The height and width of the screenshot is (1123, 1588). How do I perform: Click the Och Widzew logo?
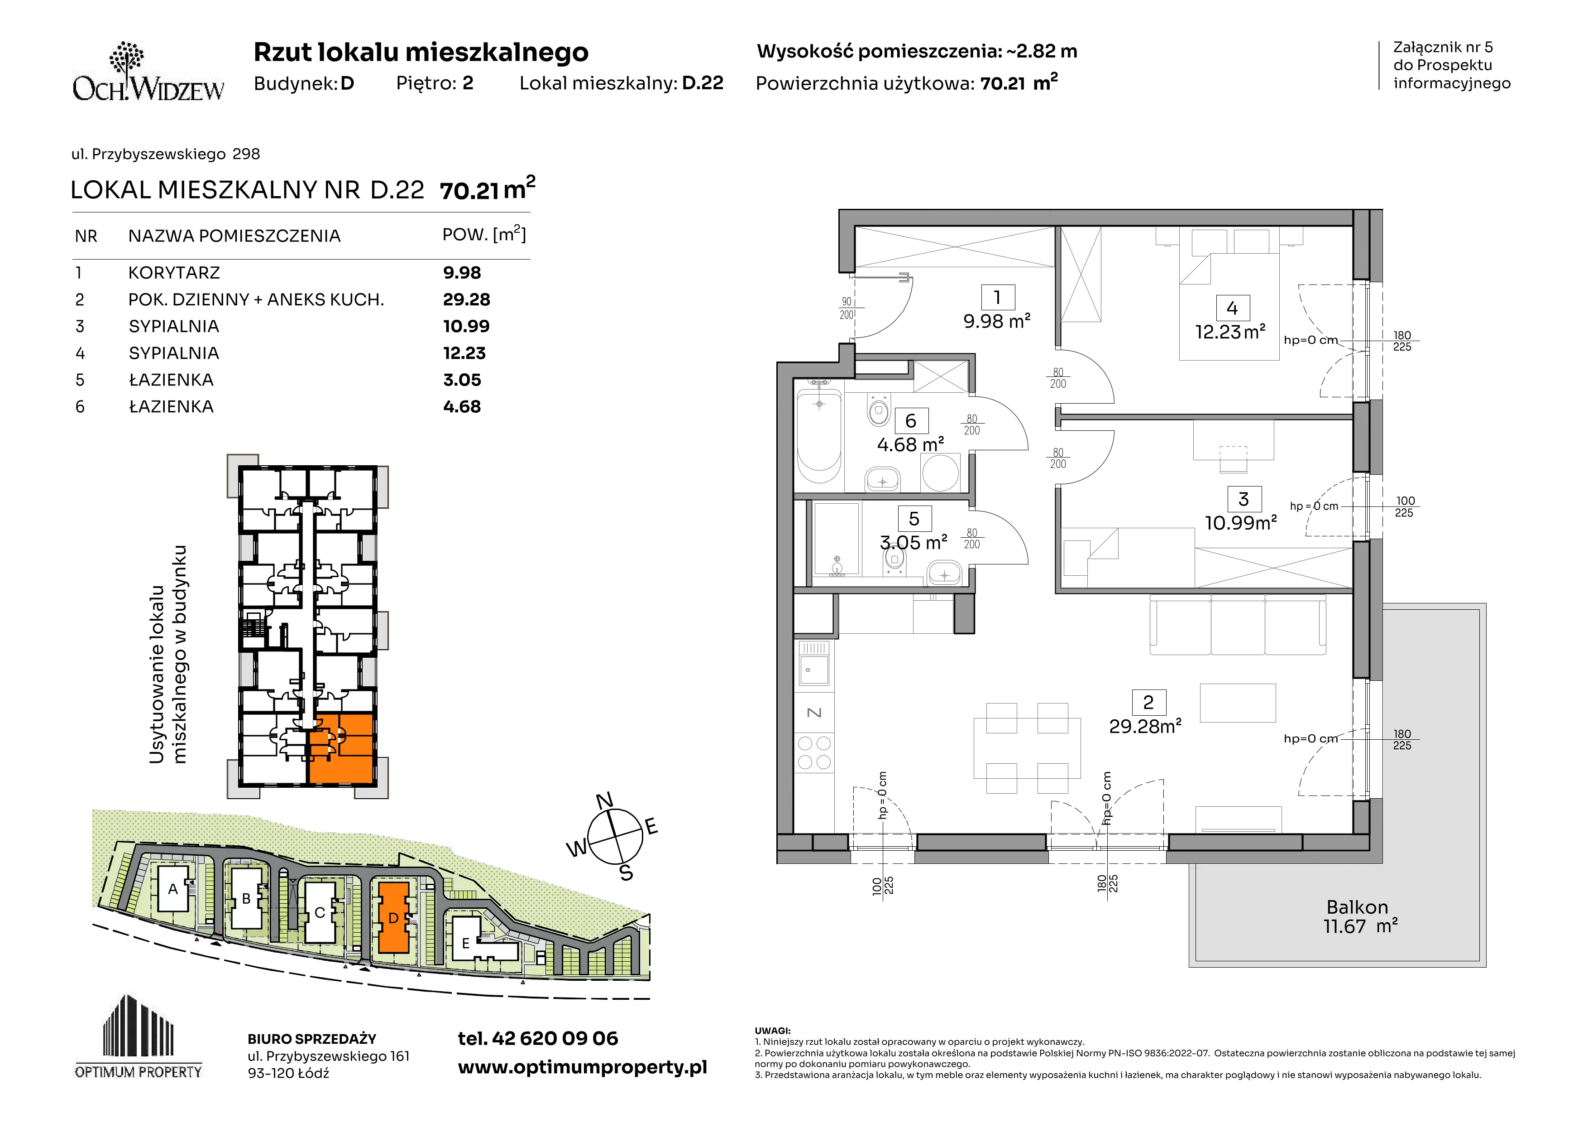(148, 72)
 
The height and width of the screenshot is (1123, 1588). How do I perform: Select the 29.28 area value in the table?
(466, 299)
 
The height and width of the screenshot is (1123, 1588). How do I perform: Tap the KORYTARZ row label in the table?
(173, 273)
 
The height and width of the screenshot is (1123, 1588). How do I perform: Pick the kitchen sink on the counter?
(814, 665)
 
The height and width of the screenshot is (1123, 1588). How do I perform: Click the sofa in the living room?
(1237, 625)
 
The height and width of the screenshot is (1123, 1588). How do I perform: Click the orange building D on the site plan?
(393, 917)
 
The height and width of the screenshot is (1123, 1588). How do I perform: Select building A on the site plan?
(173, 888)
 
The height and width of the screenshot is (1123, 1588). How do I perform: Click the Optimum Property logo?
(139, 1036)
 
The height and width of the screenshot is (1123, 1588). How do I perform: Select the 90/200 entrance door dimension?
(847, 308)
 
